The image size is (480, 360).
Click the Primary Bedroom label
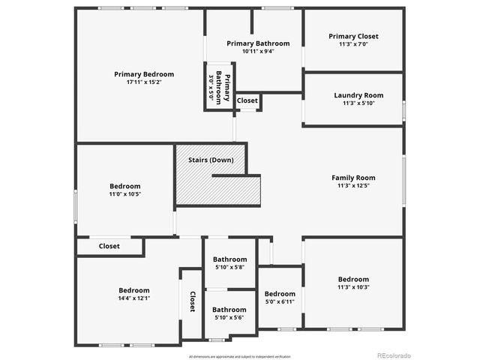click(x=144, y=74)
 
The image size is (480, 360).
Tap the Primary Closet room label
click(x=353, y=36)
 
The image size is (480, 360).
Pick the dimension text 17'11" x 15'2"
click(x=144, y=82)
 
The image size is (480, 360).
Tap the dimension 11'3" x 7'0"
click(x=353, y=44)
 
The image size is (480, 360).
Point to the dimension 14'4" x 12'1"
click(x=133, y=298)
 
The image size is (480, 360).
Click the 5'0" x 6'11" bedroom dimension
click(x=280, y=301)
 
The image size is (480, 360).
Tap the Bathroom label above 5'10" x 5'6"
click(x=229, y=309)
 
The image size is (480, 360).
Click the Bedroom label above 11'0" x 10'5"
click(x=124, y=186)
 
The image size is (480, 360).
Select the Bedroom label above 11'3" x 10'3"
click(x=353, y=279)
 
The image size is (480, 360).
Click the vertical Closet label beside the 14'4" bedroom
click(x=192, y=301)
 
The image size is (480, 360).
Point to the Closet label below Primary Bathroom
click(x=247, y=100)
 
